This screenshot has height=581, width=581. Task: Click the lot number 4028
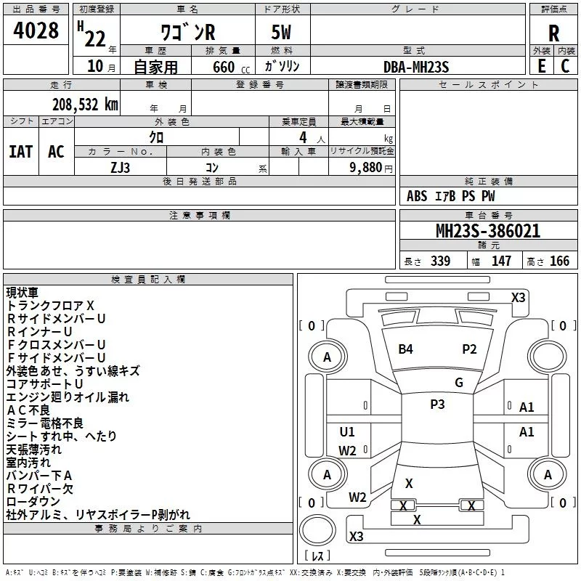point(36,30)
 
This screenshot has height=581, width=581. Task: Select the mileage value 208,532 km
point(85,105)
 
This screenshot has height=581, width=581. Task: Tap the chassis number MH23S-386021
point(488,231)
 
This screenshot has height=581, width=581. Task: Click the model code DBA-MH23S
point(416,67)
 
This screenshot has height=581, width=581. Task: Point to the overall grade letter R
point(553,33)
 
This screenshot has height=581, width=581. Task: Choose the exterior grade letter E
point(542,66)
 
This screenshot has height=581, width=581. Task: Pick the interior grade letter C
point(565,66)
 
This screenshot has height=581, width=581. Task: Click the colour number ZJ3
point(120,168)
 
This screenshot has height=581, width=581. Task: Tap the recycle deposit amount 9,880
point(366,167)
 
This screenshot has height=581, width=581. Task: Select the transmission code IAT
point(21,152)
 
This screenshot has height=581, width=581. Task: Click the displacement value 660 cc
point(231,67)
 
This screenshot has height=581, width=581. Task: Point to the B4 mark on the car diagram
point(405,349)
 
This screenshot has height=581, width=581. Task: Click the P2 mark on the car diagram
point(469,349)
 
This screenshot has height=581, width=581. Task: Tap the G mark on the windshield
point(459,383)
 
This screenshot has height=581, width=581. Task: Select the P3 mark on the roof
point(437,405)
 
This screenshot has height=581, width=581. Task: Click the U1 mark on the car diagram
point(347,431)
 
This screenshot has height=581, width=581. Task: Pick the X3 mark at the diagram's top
point(518,298)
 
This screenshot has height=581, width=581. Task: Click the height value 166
point(559,261)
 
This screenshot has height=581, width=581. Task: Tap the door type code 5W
point(281,32)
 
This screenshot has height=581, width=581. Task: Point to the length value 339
point(440,261)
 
